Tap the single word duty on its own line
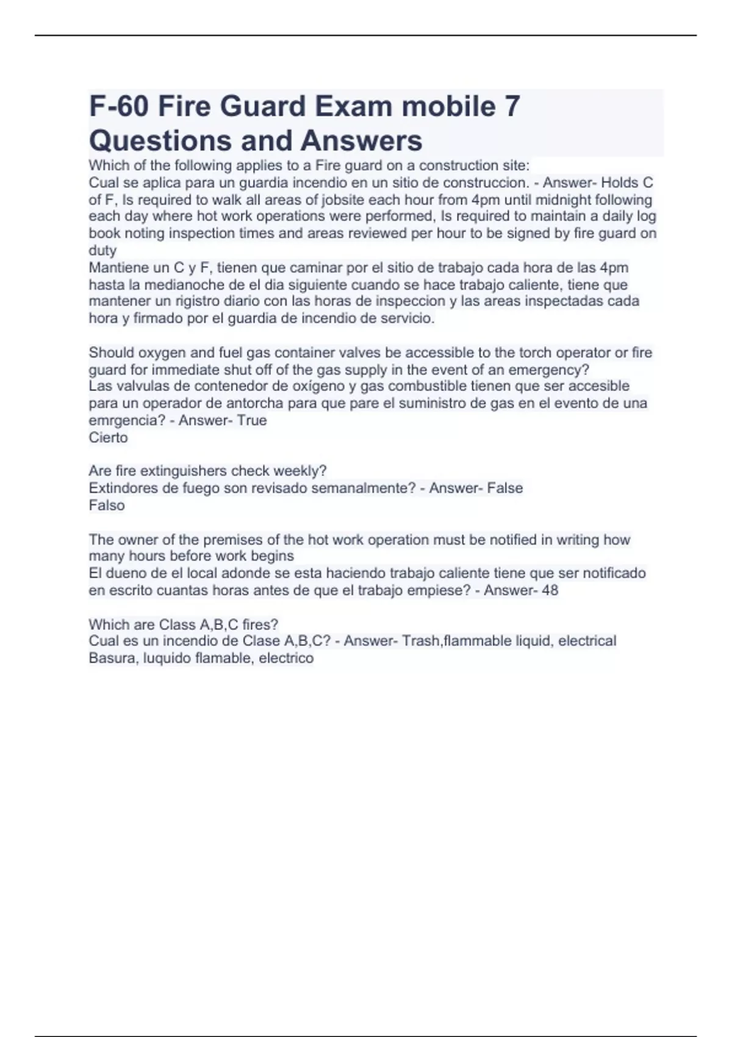point(102,250)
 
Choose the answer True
point(252,420)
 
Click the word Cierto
point(108,437)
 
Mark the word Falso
point(107,505)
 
